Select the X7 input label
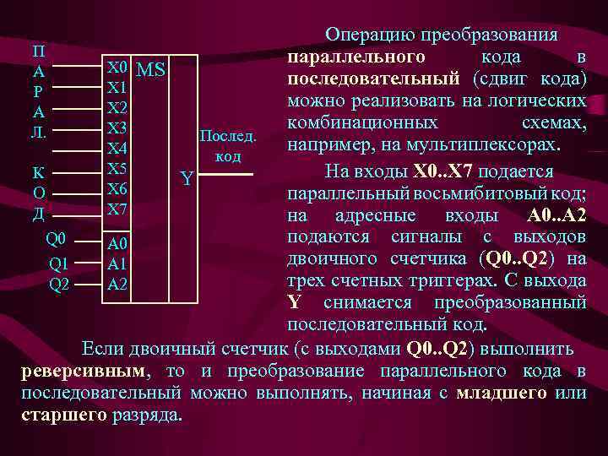coord(117,208)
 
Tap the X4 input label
coord(117,148)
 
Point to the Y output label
coord(187,178)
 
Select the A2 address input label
coord(117,284)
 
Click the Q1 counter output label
coord(59,263)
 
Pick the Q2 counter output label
coord(59,284)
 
